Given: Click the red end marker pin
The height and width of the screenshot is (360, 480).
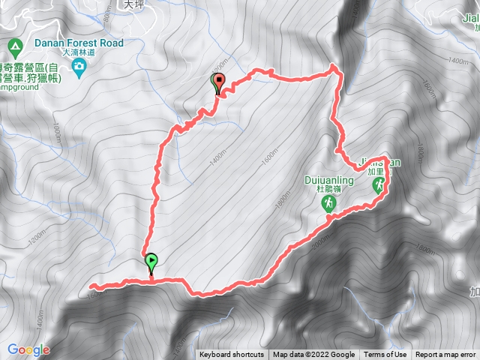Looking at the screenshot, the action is tap(219, 82).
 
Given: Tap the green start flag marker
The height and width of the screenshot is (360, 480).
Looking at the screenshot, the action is tap(151, 262).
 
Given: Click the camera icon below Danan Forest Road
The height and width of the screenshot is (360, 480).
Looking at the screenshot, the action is tap(80, 68).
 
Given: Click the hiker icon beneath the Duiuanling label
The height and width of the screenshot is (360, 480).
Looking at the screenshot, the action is tap(328, 203).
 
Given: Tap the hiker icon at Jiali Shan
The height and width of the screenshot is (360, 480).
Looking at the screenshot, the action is tap(378, 182).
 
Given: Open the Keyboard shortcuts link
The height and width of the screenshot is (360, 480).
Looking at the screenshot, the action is tap(232, 355).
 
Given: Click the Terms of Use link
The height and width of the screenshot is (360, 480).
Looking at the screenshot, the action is tap(385, 355).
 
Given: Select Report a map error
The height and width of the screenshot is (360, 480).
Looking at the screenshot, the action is tap(446, 355).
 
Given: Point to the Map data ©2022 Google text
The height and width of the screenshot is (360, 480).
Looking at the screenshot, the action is tap(313, 355).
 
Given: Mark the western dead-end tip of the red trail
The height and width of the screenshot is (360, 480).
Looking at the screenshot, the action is tap(91, 286).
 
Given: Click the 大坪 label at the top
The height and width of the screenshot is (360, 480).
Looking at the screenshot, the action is tap(133, 4).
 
